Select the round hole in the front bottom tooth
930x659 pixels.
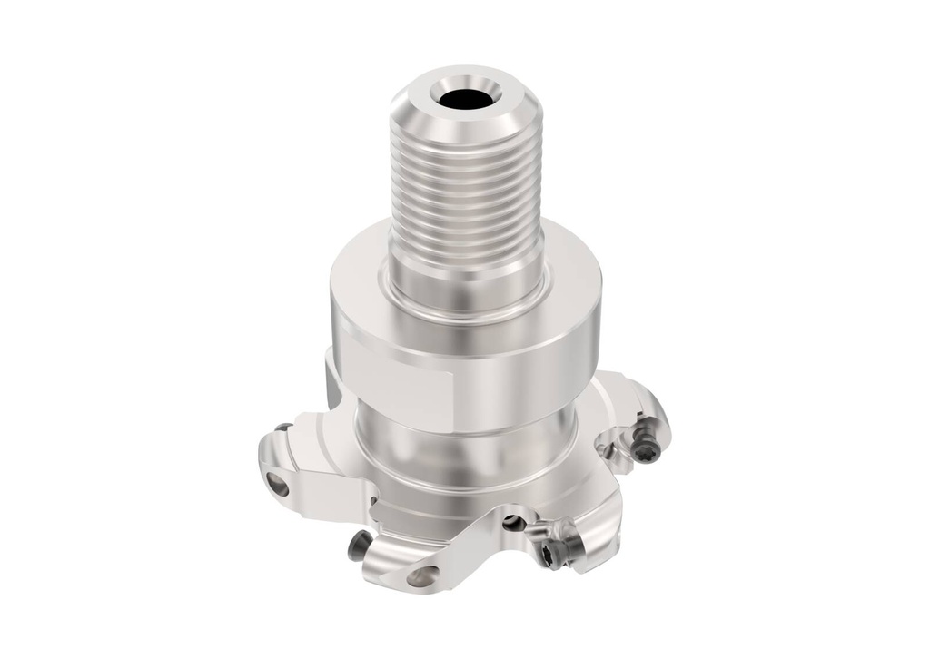[x=423, y=575]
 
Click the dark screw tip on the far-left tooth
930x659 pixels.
[x=284, y=428]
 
